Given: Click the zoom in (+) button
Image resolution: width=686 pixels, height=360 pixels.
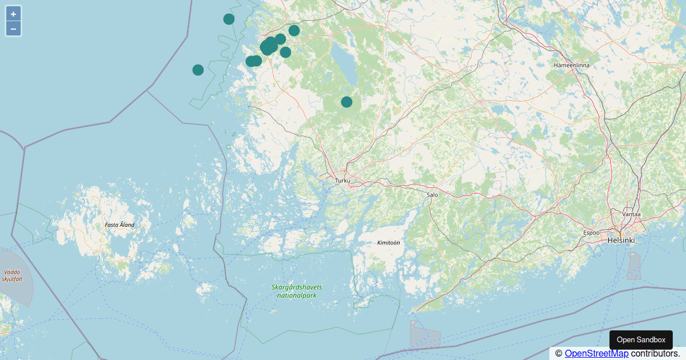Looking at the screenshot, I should pos(13,14).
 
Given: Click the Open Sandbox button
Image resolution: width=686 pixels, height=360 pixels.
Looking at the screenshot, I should pos(641,340).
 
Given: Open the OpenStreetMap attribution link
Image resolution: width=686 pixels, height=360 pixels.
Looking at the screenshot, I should pos(596,354).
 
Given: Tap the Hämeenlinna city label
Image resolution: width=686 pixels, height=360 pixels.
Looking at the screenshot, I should pos(571,65).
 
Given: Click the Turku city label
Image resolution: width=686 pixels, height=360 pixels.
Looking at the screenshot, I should pos(342,181).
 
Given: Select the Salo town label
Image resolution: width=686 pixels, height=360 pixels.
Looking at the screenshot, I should pos(432,195).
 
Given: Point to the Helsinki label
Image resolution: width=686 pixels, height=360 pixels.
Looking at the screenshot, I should pos(621,241).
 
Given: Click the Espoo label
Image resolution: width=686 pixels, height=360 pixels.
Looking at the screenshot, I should pos(591,233).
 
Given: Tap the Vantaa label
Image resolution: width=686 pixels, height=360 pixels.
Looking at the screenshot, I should pos(631,214).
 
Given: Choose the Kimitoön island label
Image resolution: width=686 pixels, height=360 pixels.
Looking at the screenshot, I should pos(388,243).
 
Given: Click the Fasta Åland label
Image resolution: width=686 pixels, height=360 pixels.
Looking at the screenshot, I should pos(119,225).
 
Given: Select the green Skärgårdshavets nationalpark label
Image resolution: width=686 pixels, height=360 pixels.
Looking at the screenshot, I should pos(297,291).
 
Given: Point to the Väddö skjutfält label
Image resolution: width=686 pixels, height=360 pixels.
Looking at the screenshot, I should pos(12,275).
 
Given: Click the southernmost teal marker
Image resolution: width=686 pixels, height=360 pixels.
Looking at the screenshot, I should pos(346,102).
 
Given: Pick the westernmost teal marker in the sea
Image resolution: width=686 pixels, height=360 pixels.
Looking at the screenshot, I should pos(198,70).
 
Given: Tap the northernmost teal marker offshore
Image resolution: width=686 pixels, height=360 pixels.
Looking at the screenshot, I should pos(229,19).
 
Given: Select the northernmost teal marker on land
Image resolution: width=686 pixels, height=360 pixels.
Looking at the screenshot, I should pos(294,30).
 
